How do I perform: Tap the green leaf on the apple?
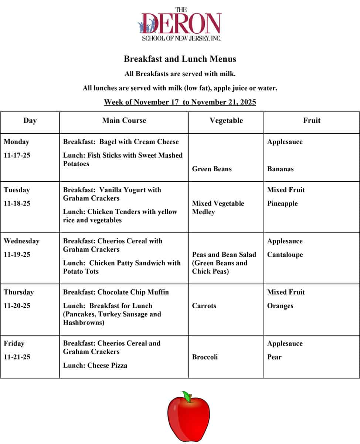tap(187, 397)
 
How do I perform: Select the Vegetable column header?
tap(226, 121)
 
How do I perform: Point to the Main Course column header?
tap(124, 121)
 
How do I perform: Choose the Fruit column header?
tap(312, 121)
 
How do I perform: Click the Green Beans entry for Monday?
tap(212, 169)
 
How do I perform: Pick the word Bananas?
tap(281, 169)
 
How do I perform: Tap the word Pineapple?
tap(282, 203)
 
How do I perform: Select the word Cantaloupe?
tap(285, 255)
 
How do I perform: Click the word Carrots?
tap(204, 306)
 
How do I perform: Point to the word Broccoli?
tap(205, 357)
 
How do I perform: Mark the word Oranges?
tap(280, 306)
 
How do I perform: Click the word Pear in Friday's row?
tap(274, 357)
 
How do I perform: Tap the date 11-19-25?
tap(17, 255)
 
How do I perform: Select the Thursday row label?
tap(19, 292)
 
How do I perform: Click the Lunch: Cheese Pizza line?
tap(95, 366)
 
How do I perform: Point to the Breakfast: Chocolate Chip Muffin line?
tap(116, 292)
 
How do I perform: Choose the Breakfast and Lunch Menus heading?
tap(180, 59)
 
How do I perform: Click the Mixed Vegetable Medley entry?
tap(218, 208)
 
